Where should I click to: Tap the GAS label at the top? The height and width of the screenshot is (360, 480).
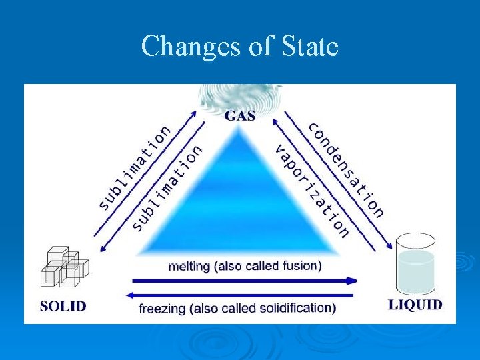[x=240, y=115]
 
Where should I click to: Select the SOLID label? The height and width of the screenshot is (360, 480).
[x=63, y=306]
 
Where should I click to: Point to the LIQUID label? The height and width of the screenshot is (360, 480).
[x=415, y=305]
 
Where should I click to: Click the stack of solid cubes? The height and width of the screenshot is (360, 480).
[x=65, y=268]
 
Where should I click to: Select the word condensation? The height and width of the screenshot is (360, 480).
[x=347, y=169]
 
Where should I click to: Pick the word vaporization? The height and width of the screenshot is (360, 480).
[x=312, y=190]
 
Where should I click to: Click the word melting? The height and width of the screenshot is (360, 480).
[x=189, y=266]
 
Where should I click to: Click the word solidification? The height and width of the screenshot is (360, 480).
[x=293, y=308]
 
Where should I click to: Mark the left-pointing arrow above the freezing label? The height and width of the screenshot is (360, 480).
[x=240, y=294]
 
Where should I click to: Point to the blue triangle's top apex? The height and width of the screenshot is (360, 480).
[x=238, y=129]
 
